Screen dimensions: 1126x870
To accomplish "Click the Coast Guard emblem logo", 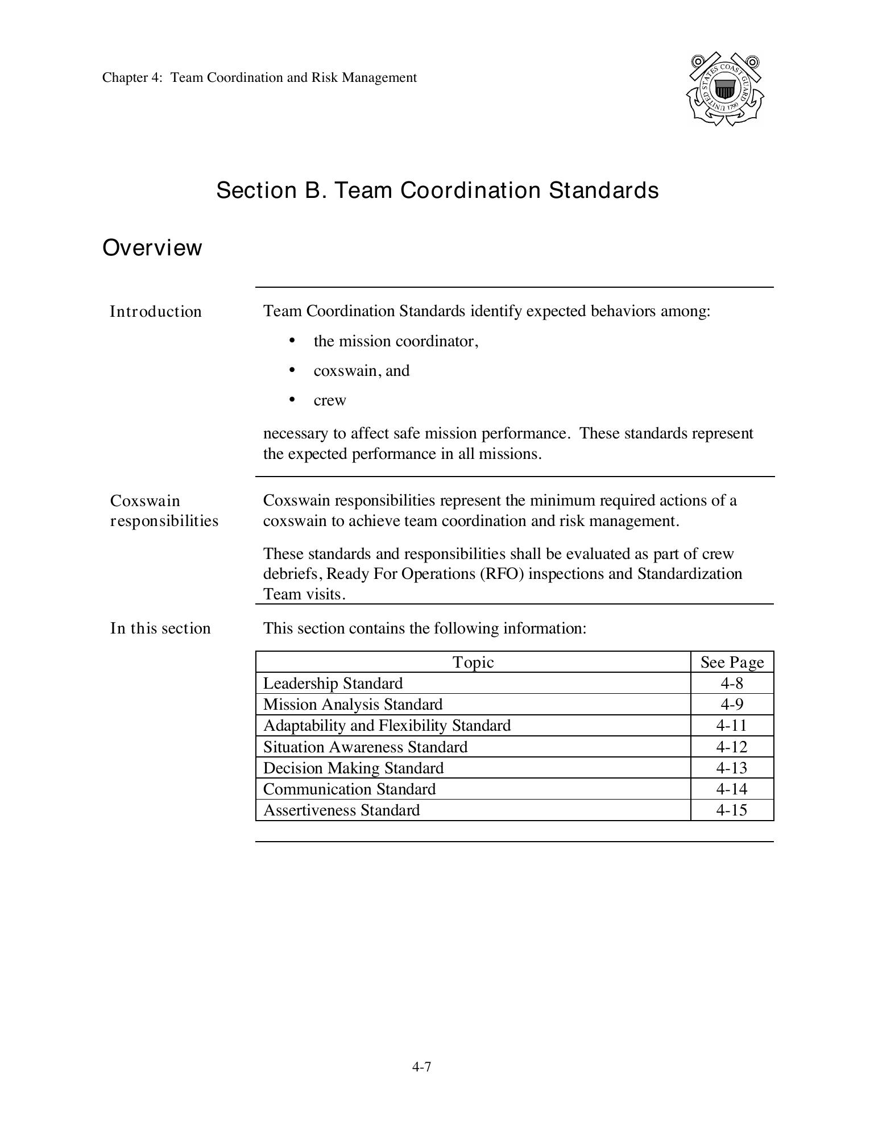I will coord(724,89).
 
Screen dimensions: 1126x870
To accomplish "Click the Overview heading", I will coord(152,248).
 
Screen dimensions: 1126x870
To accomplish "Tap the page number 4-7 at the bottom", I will coord(421,1067).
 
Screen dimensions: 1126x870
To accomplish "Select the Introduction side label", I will coord(155,312).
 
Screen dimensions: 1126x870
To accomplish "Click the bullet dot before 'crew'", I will coord(292,400).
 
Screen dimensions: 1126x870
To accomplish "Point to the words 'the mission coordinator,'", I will coord(396,341).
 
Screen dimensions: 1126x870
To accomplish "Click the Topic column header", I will coord(473,662).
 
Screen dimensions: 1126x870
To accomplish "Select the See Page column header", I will coord(732,662).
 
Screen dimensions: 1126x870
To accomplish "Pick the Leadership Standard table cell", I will coord(333,683).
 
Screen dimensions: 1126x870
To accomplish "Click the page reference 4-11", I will coord(731,726).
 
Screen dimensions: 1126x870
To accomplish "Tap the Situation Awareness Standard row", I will coord(365,747).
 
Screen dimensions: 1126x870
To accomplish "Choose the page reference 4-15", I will coord(731,810).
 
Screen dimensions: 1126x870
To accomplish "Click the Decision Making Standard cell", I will coord(353,768).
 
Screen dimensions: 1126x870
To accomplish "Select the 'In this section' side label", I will coord(160,628).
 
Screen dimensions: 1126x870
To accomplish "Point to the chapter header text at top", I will coord(259,77).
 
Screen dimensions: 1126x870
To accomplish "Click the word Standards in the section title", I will coord(603,190).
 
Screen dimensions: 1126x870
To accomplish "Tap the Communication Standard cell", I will coord(349,789).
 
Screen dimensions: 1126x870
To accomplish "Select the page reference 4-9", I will coord(731,704).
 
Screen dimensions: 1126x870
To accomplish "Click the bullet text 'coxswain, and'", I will coord(361,371).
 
